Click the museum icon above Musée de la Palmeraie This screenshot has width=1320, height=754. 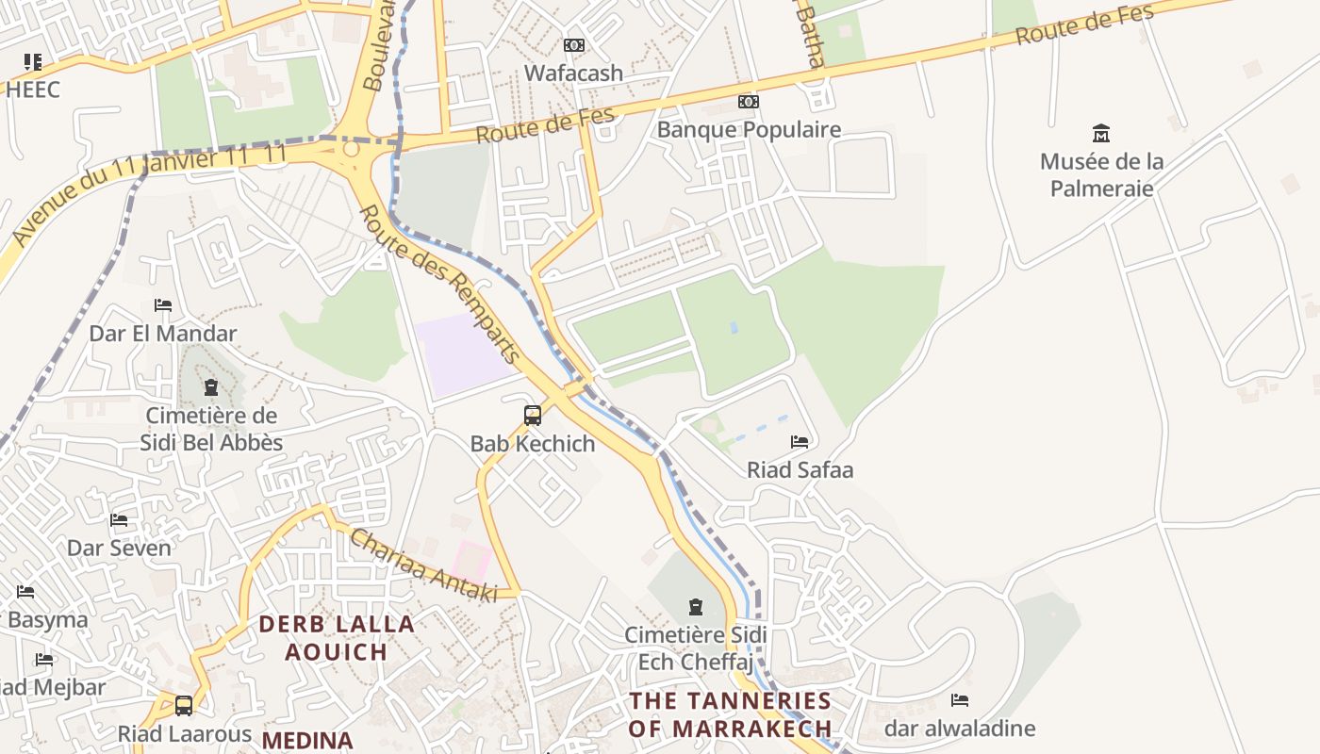[1100, 133]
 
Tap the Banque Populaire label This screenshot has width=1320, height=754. [749, 129]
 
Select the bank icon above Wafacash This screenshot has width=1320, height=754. [573, 45]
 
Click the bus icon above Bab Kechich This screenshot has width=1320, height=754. [533, 415]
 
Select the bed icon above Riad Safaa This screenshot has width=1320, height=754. [800, 441]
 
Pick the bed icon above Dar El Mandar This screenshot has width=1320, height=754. [163, 305]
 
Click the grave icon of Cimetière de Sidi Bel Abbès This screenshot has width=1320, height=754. [210, 387]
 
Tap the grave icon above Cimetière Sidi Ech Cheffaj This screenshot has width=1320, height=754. [696, 607]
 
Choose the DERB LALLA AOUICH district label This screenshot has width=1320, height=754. [337, 638]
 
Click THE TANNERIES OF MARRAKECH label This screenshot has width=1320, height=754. [730, 714]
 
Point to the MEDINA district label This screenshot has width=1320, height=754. [307, 740]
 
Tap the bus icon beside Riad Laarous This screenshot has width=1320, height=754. [184, 705]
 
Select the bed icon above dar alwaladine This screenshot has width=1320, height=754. [960, 700]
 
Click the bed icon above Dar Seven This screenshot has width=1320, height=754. [119, 519]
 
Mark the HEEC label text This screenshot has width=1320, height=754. [33, 90]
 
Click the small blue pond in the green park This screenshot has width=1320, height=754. [734, 328]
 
